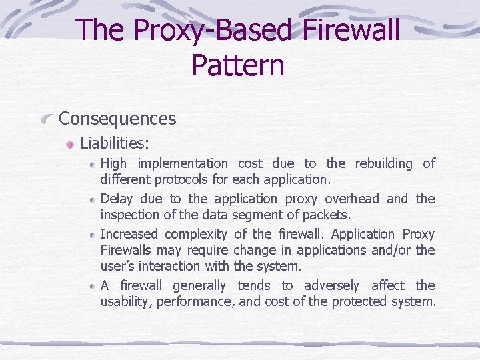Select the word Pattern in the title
(238, 65)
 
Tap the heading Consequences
(117, 119)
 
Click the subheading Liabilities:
(115, 143)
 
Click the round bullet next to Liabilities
(70, 144)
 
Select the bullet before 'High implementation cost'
(92, 164)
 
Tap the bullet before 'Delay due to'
(92, 199)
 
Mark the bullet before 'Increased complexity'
(92, 235)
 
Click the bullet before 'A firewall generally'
(92, 286)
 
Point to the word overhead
(352, 199)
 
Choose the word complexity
(196, 234)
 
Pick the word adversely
(331, 285)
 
